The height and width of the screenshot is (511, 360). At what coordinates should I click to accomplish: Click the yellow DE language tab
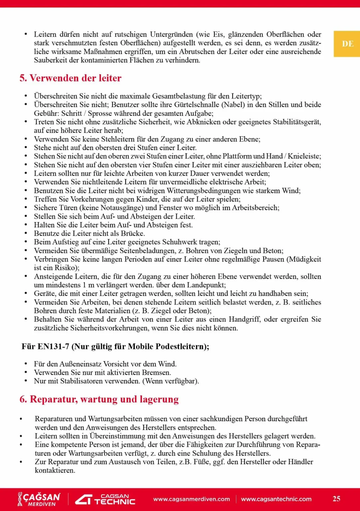(347, 44)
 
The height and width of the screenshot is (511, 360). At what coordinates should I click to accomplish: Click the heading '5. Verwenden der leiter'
(70, 78)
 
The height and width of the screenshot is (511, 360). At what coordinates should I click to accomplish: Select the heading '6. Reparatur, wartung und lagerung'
(99, 399)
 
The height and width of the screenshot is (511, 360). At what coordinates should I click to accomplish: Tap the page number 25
(336, 499)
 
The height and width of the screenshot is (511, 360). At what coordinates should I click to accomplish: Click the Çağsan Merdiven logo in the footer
(39, 499)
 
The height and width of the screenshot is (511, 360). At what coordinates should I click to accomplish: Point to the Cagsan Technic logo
(105, 499)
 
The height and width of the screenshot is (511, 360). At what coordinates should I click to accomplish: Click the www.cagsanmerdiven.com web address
(191, 499)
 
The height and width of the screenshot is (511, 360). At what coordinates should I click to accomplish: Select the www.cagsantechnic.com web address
(276, 499)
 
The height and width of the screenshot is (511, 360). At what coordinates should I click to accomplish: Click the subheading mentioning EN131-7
(115, 347)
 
